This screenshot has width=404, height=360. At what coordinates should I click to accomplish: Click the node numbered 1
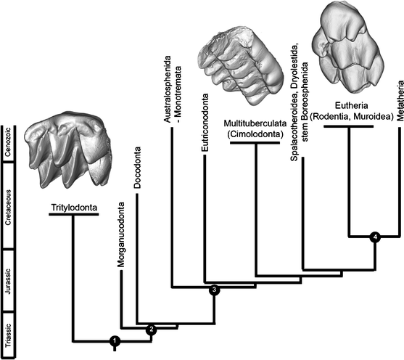(x=114, y=341)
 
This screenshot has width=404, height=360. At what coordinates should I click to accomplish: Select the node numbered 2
(x=151, y=330)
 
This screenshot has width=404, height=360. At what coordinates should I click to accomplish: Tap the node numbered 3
(x=214, y=290)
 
